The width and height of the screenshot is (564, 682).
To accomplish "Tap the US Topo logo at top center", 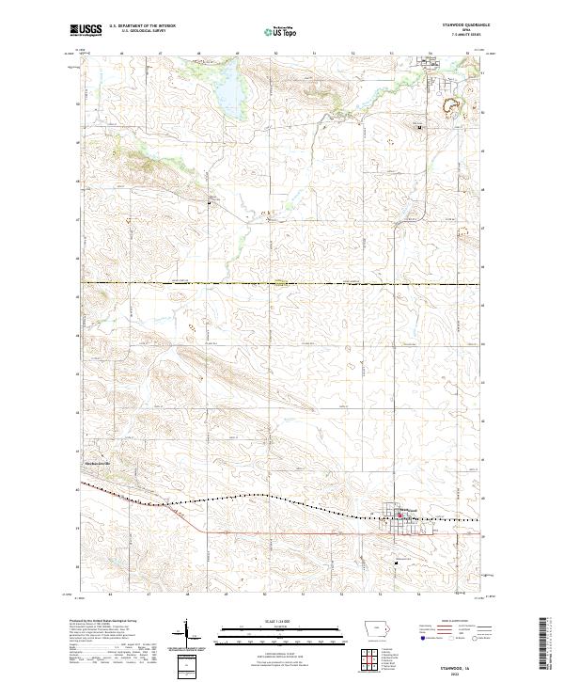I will tap(280, 32).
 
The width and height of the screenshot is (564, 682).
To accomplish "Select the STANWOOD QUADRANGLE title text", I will tap(460, 24).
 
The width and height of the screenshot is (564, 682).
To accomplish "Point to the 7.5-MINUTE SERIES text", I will tap(460, 36).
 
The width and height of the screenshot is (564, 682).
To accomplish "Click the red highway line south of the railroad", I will tap(282, 532).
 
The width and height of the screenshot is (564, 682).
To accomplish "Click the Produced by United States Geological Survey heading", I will tap(111, 622).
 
